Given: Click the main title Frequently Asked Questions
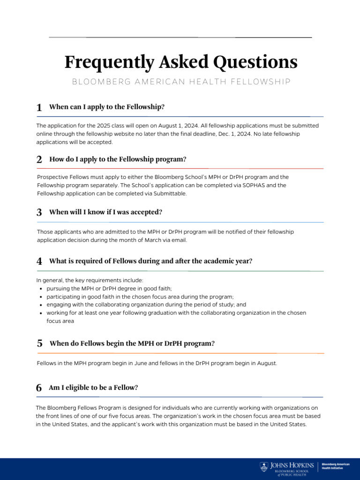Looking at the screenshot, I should [180, 62].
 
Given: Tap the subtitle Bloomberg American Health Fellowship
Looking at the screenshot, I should [181, 82].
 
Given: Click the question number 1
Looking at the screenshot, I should [39, 108].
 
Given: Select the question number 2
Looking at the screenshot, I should [39, 160].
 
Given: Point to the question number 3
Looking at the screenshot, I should [39, 212].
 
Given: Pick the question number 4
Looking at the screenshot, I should [39, 262].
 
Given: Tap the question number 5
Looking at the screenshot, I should [39, 344].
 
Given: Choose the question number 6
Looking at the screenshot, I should [39, 388].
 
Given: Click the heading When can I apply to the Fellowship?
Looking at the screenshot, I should [107, 107].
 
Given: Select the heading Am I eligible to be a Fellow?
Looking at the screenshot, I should [93, 388].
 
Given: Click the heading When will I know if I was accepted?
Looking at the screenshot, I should [106, 212].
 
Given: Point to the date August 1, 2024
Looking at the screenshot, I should [204, 126].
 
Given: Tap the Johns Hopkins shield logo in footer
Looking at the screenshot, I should [264, 466].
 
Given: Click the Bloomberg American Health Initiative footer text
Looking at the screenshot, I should [336, 466].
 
